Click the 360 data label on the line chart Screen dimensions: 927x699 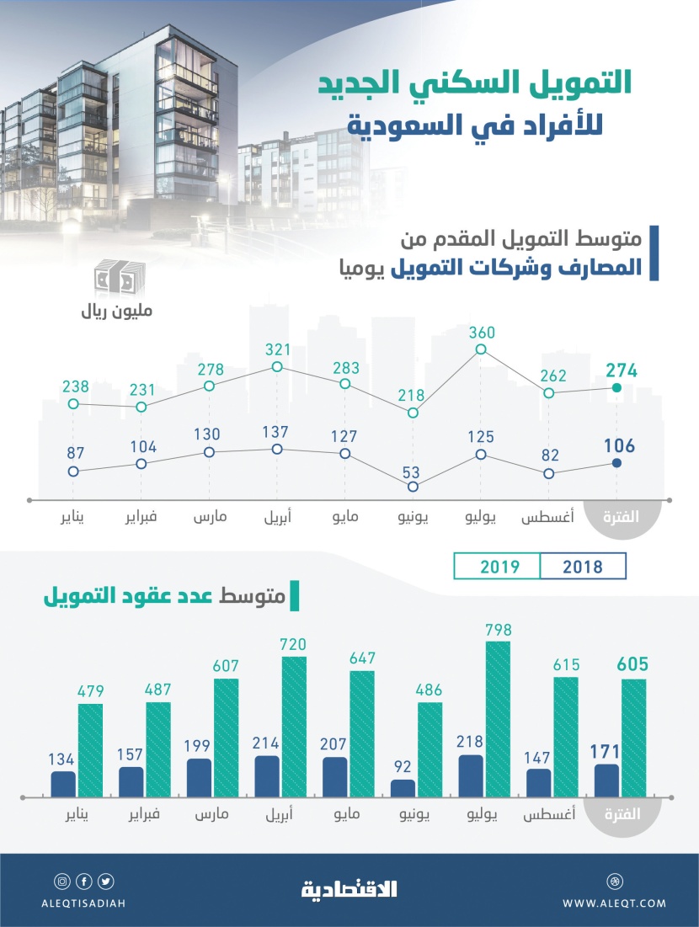tap(481, 332)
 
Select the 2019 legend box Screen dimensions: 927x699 tap(497, 567)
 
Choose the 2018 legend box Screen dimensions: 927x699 tap(583, 567)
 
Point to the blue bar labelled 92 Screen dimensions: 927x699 tap(403, 787)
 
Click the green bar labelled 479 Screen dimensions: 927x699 tap(90, 749)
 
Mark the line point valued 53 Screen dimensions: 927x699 tap(413, 487)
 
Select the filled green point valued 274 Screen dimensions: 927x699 tap(616, 387)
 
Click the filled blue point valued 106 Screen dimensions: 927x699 tap(616, 463)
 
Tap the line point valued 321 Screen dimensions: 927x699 tap(277, 366)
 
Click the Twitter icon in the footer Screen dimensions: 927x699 tap(106, 882)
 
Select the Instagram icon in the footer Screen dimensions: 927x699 tap(61, 882)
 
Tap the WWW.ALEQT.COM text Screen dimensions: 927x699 tap(614, 903)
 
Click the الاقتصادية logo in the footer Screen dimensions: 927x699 tap(349, 888)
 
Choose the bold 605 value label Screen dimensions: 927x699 tap(633, 664)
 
